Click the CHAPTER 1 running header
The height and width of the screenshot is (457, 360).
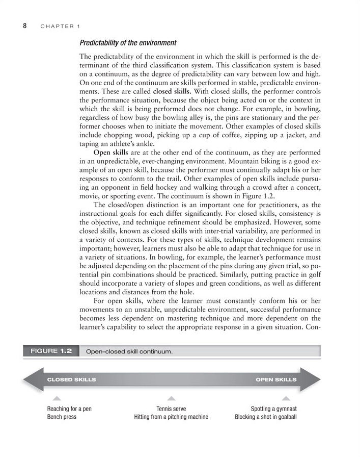[x=60, y=26]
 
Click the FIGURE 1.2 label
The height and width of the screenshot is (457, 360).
[x=51, y=351]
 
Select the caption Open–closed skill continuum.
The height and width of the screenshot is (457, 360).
[x=130, y=351]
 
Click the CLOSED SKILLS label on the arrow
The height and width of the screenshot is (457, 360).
[x=71, y=379]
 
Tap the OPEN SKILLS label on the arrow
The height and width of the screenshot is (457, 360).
[x=275, y=379]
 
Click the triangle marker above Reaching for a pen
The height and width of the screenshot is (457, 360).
[x=57, y=398]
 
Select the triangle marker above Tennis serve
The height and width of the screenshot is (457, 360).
[x=172, y=398]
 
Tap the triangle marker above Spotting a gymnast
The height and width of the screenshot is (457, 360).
[x=286, y=398]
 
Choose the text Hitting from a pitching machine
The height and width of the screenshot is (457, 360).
[x=171, y=417]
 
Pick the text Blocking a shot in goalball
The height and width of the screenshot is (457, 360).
[x=265, y=417]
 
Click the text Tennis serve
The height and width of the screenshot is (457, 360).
[x=171, y=409]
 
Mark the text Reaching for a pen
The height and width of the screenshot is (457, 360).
[x=69, y=409]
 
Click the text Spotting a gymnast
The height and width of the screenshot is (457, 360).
[x=273, y=409]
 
